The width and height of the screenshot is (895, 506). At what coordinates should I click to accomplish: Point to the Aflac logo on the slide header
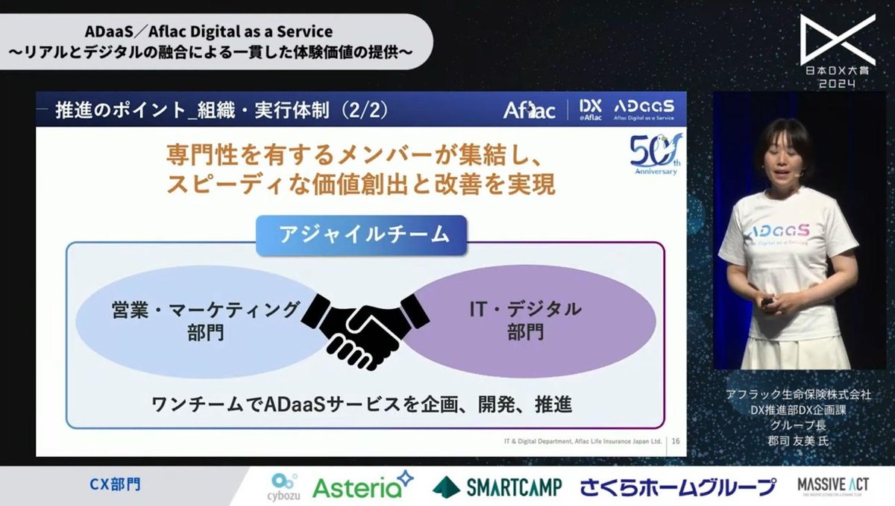pos(529,110)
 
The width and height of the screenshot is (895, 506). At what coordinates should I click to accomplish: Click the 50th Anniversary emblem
pos(654,154)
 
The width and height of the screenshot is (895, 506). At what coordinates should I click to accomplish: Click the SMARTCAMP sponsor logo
pos(498,487)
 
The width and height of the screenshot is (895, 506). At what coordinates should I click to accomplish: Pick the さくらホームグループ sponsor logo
pos(678,487)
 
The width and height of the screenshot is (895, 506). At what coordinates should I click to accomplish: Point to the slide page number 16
pos(676,441)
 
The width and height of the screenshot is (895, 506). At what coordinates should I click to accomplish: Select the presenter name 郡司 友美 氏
pos(799,440)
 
